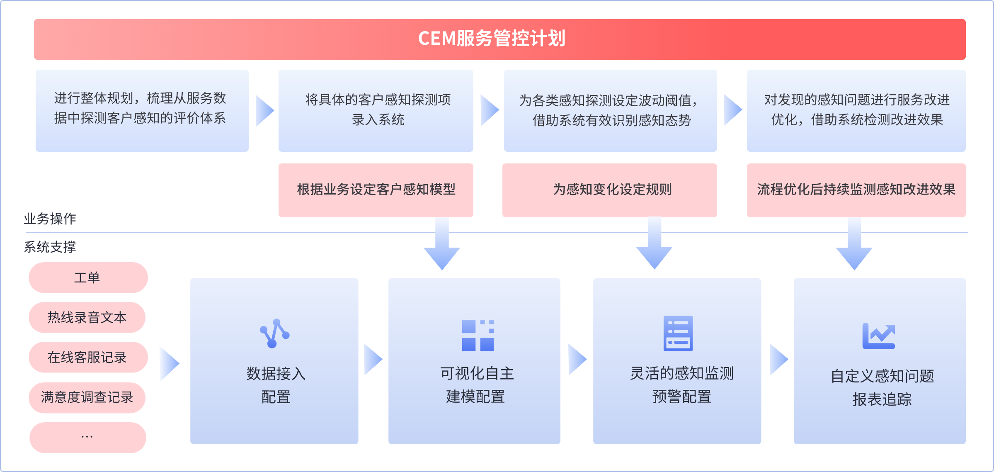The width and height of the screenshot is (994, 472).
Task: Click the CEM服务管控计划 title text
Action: click(x=492, y=39)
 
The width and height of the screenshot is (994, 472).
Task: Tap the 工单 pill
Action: click(x=88, y=277)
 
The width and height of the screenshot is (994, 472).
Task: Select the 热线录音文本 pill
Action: click(x=87, y=317)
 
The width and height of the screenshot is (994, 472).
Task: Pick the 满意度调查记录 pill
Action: click(x=87, y=397)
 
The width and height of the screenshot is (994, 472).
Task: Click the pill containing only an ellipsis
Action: click(x=87, y=437)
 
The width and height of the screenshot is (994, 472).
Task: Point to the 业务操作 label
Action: click(x=50, y=219)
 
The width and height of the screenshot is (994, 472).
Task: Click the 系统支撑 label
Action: click(x=50, y=247)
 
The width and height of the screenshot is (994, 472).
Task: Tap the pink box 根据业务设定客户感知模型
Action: click(x=376, y=190)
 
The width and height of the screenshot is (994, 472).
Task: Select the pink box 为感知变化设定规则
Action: click(x=609, y=190)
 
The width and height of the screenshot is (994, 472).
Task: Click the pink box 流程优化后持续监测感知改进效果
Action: click(x=856, y=190)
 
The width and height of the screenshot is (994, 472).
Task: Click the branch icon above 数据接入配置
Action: click(x=274, y=333)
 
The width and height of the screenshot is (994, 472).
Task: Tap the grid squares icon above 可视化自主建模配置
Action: click(x=478, y=335)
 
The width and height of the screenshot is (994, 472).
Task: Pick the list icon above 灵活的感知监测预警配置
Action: click(x=678, y=333)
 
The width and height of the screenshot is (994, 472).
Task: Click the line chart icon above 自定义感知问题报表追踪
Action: click(x=878, y=336)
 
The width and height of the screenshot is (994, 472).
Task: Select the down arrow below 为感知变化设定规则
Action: click(x=654, y=245)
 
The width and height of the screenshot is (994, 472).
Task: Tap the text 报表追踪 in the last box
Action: click(x=882, y=399)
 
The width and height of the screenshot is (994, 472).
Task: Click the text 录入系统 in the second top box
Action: click(x=378, y=120)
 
